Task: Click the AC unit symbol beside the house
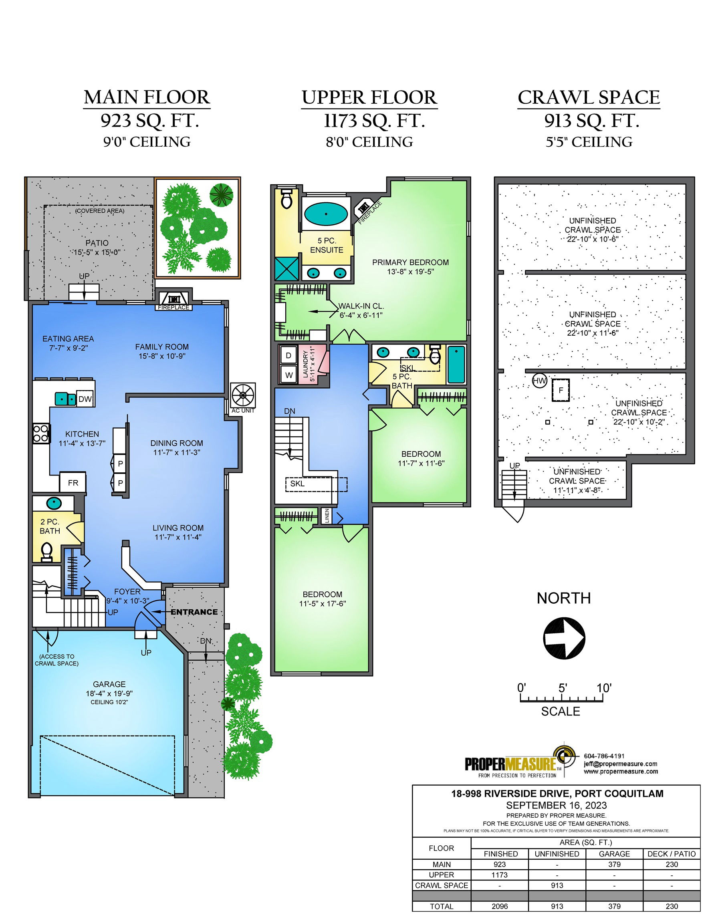click(x=243, y=395)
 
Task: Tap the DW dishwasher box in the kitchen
click(x=85, y=399)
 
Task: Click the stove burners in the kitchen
click(x=41, y=433)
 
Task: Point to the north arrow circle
click(x=564, y=638)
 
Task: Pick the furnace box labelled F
click(x=561, y=390)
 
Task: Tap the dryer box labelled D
click(x=288, y=355)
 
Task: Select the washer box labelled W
click(x=289, y=375)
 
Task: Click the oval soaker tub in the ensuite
click(x=326, y=214)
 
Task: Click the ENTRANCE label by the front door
click(x=194, y=612)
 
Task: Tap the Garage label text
click(x=109, y=684)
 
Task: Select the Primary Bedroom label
click(x=410, y=262)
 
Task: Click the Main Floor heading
click(x=147, y=97)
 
